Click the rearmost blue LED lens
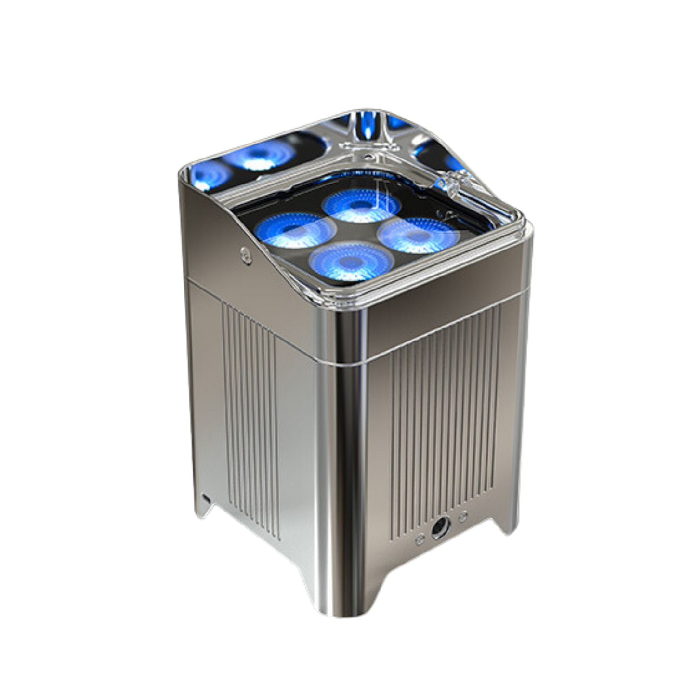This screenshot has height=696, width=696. pos(357,206)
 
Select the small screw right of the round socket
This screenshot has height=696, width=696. pos(463,516)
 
